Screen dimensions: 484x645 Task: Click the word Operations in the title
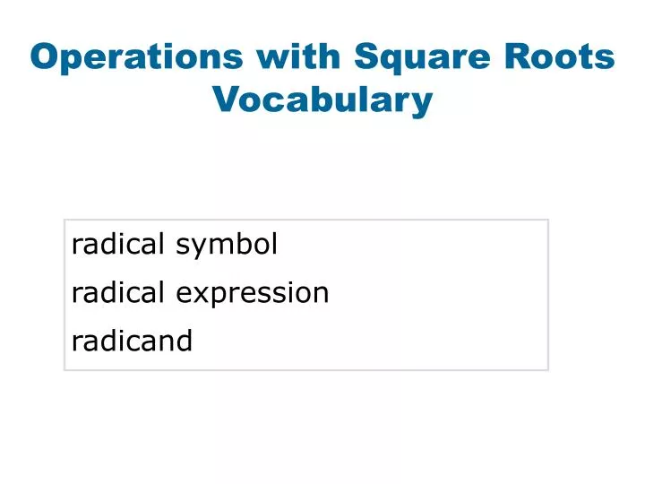point(136,56)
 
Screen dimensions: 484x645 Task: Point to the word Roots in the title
point(563,56)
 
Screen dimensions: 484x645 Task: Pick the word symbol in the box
point(227,245)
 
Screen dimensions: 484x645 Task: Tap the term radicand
point(132,341)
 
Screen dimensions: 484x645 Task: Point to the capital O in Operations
point(44,56)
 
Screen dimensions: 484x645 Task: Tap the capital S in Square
point(367,56)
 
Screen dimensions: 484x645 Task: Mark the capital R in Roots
point(523,56)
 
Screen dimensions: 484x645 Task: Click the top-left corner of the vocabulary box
point(64,220)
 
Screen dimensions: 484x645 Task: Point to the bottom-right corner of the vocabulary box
point(547,369)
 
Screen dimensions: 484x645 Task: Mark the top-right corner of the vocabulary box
point(547,220)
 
